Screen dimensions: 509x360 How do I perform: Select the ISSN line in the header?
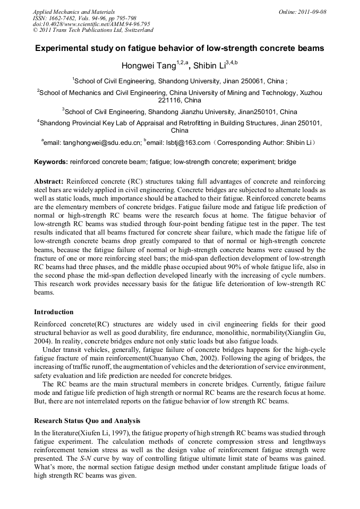pos(84,18)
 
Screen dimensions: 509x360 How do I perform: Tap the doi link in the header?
pos(91,24)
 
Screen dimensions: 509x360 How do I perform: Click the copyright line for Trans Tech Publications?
pos(93,31)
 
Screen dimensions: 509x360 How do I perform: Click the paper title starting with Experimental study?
pos(179,48)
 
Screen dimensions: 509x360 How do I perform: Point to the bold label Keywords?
pos(51,162)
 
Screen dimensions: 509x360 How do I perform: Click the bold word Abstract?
pos(49,182)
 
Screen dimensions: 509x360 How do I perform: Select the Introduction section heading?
pos(54,312)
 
